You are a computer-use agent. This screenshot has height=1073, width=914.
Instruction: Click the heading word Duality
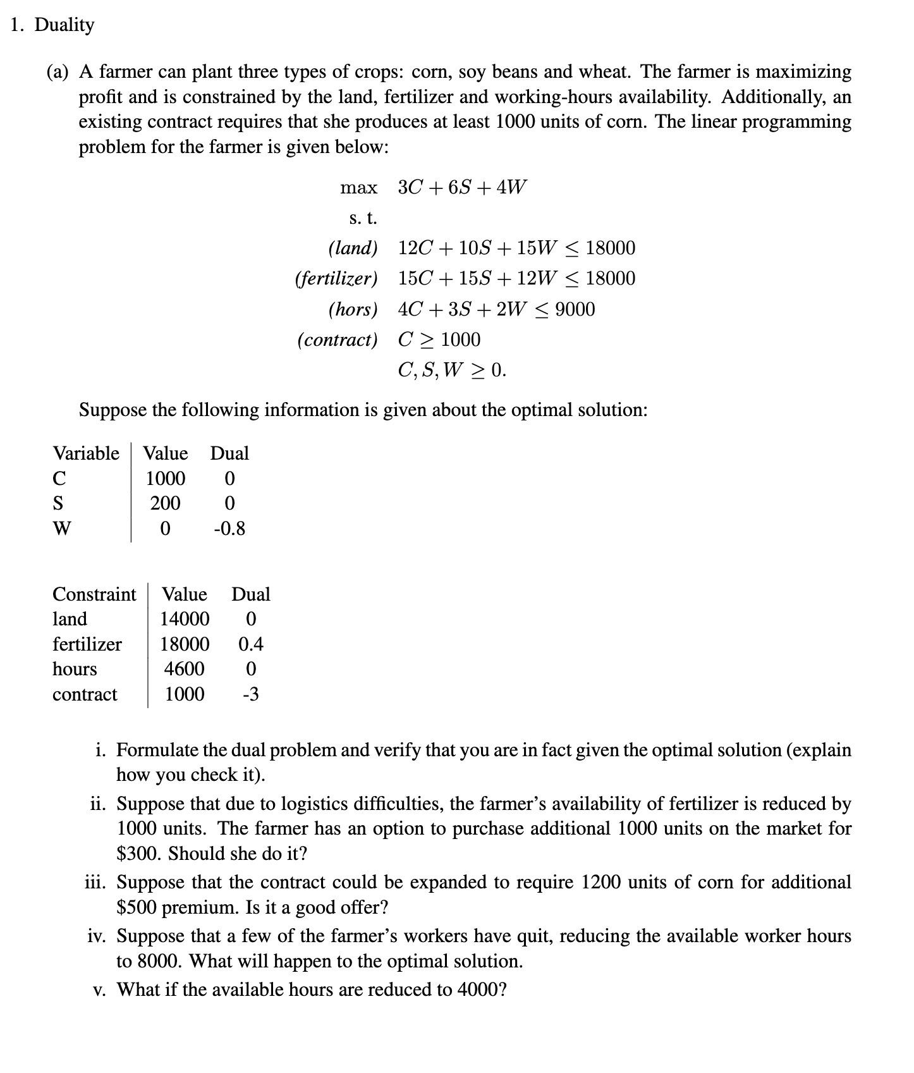tap(64, 25)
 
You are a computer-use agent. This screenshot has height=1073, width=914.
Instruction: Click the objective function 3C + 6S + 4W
tap(461, 187)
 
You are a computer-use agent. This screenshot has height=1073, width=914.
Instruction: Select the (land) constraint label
tap(353, 248)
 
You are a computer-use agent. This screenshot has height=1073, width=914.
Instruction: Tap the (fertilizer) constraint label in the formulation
tap(336, 278)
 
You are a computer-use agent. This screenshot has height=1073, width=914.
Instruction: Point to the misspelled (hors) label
tap(353, 309)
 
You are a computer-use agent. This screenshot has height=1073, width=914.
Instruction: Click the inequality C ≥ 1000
tap(439, 340)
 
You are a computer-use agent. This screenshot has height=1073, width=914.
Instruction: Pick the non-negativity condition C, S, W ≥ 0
tap(452, 370)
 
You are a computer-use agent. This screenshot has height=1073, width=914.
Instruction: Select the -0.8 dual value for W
tap(229, 528)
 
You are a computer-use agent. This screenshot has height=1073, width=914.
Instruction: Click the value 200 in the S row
tap(165, 503)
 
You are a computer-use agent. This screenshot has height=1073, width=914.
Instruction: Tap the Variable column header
tap(86, 453)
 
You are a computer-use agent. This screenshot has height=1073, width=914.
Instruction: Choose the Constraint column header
tap(94, 594)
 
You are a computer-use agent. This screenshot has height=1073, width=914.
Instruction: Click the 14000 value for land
tap(185, 619)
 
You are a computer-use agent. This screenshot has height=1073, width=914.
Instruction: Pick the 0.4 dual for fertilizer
tap(250, 644)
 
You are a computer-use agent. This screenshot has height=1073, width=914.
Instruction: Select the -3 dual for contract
tap(250, 694)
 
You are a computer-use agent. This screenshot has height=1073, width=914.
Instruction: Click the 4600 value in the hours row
tap(184, 669)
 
